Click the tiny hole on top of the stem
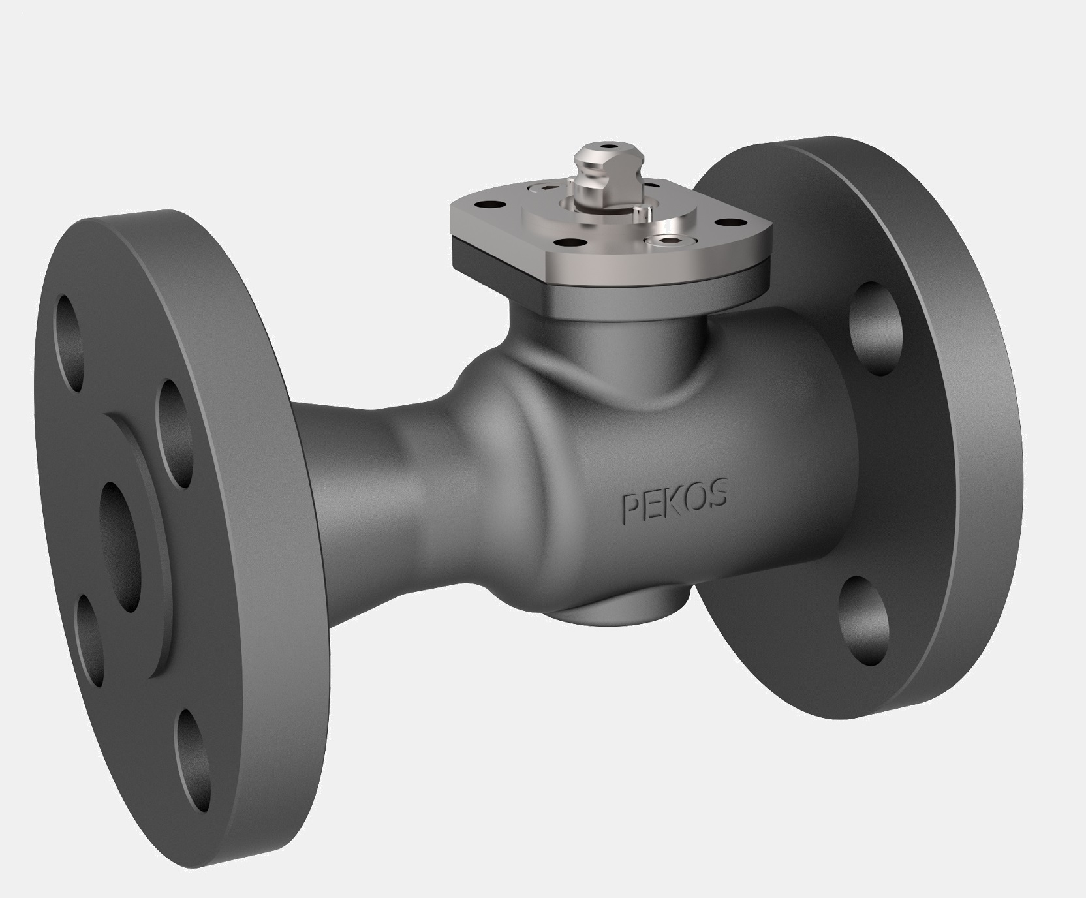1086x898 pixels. [609, 146]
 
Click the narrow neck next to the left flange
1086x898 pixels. [365, 496]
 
